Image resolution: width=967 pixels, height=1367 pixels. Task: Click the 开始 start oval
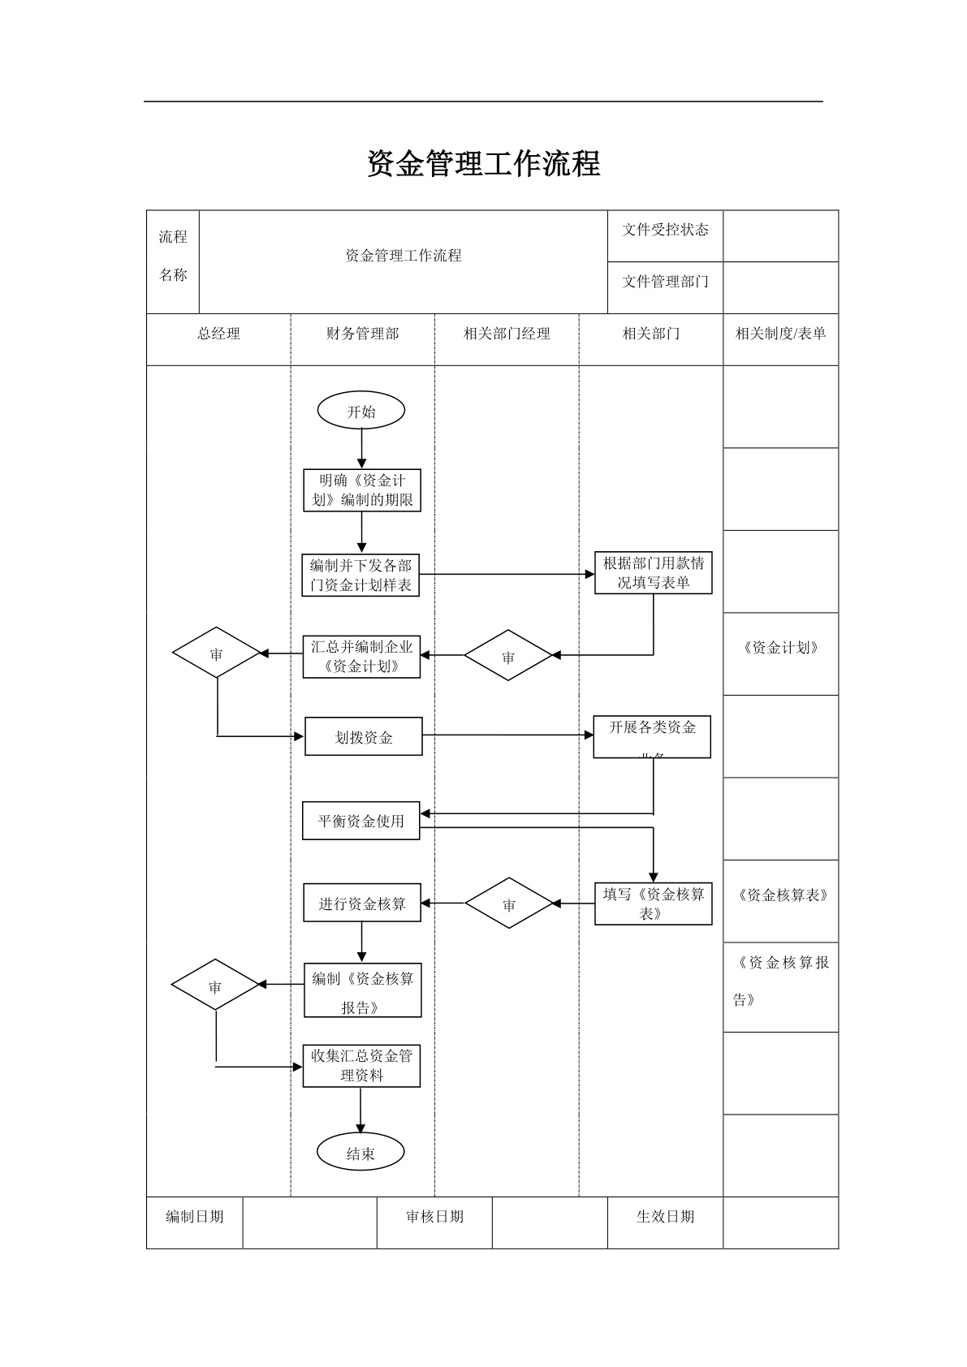click(x=361, y=411)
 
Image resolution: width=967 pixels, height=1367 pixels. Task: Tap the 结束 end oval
click(x=360, y=1153)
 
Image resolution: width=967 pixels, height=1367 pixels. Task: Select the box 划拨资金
click(x=363, y=736)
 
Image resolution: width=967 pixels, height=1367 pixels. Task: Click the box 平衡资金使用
click(x=360, y=821)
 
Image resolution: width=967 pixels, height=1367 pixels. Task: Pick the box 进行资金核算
click(x=362, y=903)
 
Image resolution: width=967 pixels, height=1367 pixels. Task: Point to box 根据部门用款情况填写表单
click(x=653, y=573)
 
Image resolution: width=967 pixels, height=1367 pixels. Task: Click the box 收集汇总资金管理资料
click(x=361, y=1065)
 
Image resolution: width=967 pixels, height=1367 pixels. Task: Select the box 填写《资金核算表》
click(x=653, y=903)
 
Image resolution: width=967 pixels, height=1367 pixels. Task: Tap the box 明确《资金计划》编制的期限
click(x=362, y=490)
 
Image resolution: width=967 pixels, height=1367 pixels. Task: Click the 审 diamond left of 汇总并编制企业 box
click(x=216, y=653)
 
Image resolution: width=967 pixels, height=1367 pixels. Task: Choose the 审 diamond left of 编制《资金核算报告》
click(x=215, y=985)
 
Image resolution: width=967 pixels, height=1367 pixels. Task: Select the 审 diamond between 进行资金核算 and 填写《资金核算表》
click(x=508, y=903)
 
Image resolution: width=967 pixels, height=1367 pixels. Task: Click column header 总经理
click(x=218, y=334)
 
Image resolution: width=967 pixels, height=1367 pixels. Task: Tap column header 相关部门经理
click(x=507, y=334)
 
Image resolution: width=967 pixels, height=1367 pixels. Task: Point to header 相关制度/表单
click(x=780, y=334)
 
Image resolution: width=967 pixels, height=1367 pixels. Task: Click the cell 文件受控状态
click(x=665, y=231)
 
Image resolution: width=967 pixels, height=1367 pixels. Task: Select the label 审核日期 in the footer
click(x=434, y=1216)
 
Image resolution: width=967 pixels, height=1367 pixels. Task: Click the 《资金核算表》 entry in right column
click(x=780, y=895)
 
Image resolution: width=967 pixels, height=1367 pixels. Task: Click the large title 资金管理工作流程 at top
click(x=483, y=164)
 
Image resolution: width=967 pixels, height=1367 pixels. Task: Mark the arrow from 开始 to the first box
click(x=362, y=449)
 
